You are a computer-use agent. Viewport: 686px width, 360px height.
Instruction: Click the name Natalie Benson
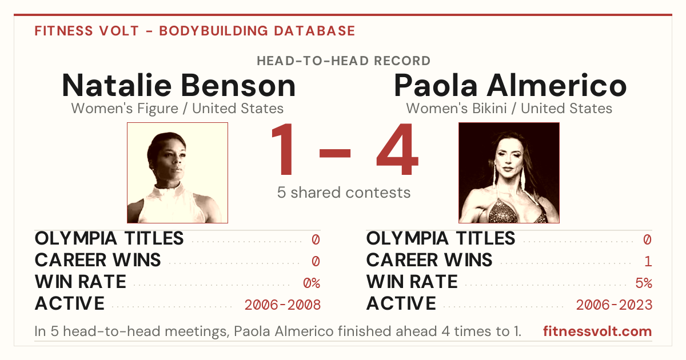tap(179, 85)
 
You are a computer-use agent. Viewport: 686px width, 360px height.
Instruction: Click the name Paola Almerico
tap(510, 85)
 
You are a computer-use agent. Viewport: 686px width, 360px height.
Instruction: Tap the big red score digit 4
tap(397, 149)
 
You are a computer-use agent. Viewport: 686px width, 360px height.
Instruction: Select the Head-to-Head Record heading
tap(344, 61)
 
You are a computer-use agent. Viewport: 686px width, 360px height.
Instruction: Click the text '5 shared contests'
tap(344, 193)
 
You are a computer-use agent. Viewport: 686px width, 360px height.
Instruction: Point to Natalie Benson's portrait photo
tap(177, 173)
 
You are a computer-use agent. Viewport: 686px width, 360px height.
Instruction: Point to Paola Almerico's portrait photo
tap(509, 173)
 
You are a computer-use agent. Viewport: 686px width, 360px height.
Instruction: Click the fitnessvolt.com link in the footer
tap(597, 331)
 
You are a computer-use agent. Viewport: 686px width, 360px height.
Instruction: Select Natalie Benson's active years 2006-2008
tap(282, 305)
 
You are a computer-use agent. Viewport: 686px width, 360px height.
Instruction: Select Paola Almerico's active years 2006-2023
tap(614, 305)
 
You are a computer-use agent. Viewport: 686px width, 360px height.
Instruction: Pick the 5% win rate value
tap(644, 283)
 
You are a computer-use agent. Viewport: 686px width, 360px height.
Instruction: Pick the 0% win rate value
tap(312, 283)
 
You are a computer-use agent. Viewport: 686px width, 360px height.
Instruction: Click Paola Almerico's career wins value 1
tap(648, 262)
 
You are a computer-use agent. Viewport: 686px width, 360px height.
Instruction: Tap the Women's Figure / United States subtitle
tap(177, 109)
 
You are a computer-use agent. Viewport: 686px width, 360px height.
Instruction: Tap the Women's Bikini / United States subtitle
tap(509, 109)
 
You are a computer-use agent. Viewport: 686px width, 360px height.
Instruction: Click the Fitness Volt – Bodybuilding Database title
tap(195, 31)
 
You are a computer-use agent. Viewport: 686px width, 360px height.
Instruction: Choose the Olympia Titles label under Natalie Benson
tap(109, 238)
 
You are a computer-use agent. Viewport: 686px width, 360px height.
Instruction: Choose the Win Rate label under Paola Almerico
tap(412, 282)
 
